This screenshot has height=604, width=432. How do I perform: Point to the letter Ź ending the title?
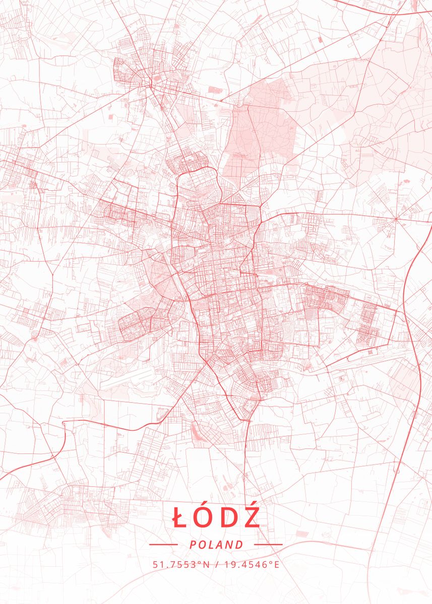(x=251, y=518)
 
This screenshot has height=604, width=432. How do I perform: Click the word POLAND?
(x=216, y=545)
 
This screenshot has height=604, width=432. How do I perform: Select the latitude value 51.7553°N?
(x=180, y=564)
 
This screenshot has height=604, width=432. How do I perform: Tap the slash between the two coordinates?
(x=217, y=564)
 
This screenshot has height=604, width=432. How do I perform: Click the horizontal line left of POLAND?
(x=163, y=545)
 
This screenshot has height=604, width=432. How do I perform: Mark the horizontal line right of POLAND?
(x=268, y=545)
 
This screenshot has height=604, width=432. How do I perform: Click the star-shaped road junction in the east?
(x=396, y=219)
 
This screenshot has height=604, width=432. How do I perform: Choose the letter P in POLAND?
(x=193, y=545)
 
